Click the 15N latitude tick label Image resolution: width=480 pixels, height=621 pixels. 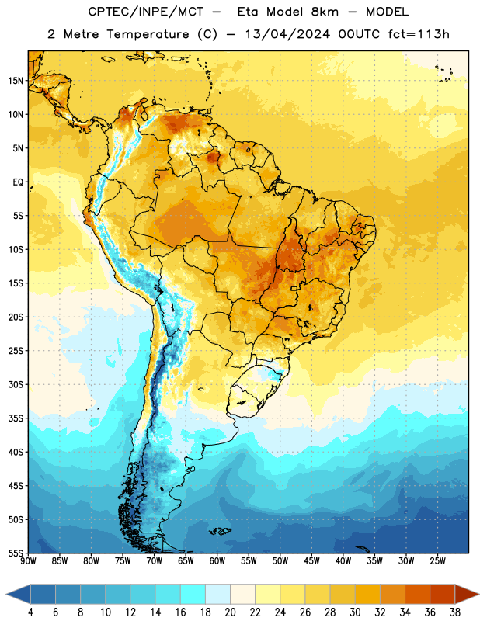[x=16, y=81]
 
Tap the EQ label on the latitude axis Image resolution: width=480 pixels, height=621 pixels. [x=18, y=182]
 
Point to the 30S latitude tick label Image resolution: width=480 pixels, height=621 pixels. [x=16, y=384]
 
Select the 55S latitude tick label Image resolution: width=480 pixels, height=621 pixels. [x=16, y=553]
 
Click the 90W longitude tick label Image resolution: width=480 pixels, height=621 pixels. [x=28, y=561]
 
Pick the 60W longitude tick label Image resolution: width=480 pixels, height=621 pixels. [x=217, y=561]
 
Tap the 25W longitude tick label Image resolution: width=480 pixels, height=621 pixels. [x=437, y=561]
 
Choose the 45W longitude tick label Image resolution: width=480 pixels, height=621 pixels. [x=312, y=561]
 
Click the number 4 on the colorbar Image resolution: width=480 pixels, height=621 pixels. [x=30, y=612]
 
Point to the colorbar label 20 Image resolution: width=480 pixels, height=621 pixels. [x=230, y=612]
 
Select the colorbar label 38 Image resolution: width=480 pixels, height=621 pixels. [x=455, y=612]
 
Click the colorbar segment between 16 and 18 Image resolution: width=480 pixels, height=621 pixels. [x=193, y=595]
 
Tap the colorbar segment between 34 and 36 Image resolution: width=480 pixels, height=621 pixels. [x=417, y=595]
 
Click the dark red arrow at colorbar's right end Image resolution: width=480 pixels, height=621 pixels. [x=465, y=595]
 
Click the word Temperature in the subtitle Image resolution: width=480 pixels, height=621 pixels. [x=148, y=34]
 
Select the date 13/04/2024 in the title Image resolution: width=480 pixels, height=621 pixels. [x=287, y=34]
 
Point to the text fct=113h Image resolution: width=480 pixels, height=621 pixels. [x=419, y=34]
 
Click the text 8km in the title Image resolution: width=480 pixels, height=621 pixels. [x=325, y=12]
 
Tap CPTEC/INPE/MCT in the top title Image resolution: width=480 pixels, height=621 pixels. [x=146, y=12]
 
